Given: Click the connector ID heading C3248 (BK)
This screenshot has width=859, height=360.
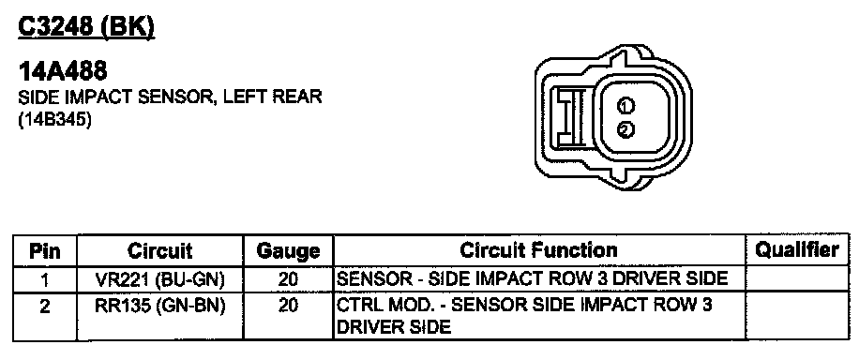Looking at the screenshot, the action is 86,28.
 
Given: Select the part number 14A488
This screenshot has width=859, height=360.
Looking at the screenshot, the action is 63,71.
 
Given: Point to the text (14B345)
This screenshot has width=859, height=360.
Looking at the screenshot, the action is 54,120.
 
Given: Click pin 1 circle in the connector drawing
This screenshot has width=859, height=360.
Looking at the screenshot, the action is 625,105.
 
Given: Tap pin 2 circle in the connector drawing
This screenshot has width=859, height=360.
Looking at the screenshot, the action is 625,129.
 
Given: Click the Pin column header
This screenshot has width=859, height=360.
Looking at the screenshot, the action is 45,251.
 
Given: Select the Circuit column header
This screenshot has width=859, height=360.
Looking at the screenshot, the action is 160,251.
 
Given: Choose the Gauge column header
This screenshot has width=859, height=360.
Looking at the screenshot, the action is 288,251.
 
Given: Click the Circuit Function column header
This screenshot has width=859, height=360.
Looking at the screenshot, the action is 538,250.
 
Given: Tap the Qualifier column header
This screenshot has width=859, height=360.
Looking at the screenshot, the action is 797,250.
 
